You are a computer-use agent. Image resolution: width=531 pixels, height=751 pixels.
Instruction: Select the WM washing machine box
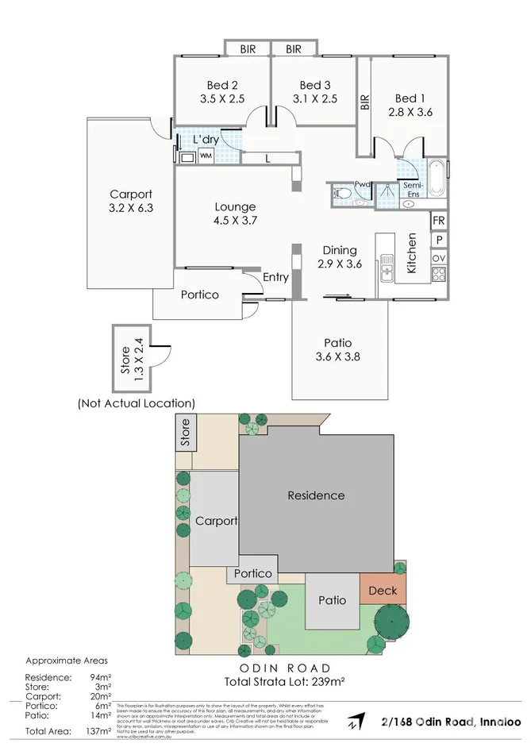[206, 156]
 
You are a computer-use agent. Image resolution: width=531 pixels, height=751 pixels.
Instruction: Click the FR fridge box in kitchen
[439, 220]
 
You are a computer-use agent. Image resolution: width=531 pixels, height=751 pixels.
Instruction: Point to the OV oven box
[439, 258]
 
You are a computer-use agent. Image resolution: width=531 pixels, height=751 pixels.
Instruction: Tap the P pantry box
[439, 239]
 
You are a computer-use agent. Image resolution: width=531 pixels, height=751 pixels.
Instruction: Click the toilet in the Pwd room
[341, 192]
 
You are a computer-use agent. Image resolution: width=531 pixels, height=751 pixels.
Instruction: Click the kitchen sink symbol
[387, 267]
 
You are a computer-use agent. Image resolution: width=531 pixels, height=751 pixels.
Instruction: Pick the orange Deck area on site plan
[383, 591]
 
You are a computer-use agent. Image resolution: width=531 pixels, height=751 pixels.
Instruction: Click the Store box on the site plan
[186, 433]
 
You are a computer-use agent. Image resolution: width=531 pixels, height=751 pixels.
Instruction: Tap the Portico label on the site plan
[253, 573]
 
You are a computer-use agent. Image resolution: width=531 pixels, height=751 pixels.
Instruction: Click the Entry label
[275, 277]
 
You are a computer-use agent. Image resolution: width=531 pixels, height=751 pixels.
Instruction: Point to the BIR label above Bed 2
[248, 49]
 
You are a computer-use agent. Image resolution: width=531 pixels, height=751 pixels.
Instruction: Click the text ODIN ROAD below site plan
[287, 668]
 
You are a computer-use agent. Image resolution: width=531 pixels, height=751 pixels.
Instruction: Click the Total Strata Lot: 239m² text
[287, 681]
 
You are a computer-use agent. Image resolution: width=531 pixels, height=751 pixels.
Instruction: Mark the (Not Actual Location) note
[136, 403]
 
